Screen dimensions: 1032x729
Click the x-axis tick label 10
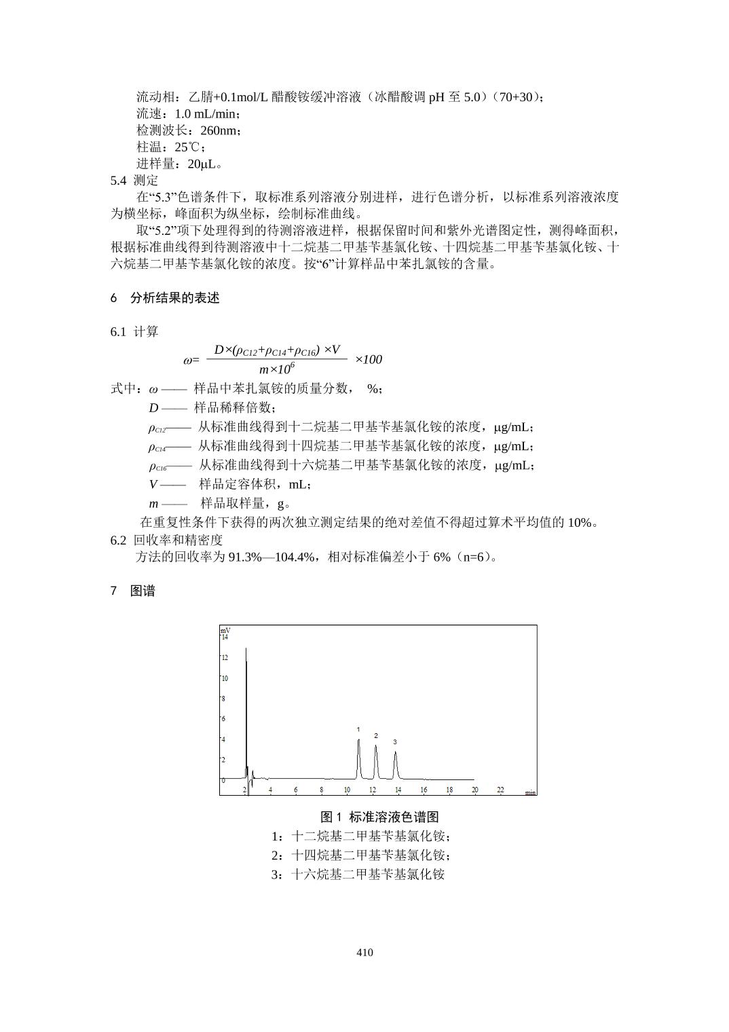[x=347, y=790]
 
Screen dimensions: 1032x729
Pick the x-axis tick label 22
[x=500, y=790]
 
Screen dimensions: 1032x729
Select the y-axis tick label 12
[x=225, y=658]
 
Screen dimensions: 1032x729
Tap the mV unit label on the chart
[x=225, y=631]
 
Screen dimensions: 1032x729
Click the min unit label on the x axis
[x=530, y=792]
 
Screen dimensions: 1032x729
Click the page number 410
[x=364, y=953]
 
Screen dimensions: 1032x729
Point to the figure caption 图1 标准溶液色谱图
[x=379, y=817]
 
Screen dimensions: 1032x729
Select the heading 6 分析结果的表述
[x=165, y=298]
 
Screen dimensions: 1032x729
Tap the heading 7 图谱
[x=133, y=591]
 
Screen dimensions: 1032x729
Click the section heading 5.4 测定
[x=134, y=181]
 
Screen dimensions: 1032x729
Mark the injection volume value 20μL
[x=204, y=164]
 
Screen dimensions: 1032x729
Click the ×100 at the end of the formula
[x=369, y=359]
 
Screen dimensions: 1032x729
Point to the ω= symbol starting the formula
[x=191, y=361]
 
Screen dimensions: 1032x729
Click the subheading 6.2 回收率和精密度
[x=166, y=540]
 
